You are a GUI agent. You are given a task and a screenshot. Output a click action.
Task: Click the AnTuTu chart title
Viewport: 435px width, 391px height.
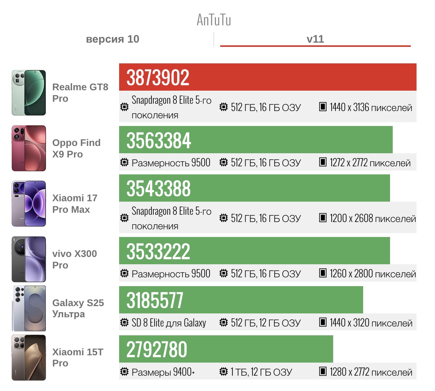pos(214,20)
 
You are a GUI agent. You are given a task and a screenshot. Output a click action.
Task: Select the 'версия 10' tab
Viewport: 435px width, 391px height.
pos(113,39)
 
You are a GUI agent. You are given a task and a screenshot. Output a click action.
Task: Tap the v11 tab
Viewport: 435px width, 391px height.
pos(315,39)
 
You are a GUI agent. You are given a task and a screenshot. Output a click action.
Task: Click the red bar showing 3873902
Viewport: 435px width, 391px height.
pos(267,77)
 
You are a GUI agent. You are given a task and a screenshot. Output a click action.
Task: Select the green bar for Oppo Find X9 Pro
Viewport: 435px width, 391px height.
pos(256,140)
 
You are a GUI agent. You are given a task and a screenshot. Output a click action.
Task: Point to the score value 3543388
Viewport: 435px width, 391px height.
pos(158,189)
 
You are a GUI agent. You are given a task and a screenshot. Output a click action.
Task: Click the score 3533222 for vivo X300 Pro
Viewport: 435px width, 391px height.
pos(158,251)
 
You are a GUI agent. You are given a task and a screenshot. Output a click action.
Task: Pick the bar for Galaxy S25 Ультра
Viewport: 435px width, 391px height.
pos(241,300)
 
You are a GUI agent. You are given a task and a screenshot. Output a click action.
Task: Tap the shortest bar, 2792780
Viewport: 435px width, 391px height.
pos(226,349)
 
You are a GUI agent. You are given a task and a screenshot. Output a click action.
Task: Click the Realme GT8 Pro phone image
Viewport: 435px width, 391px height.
pos(29,93)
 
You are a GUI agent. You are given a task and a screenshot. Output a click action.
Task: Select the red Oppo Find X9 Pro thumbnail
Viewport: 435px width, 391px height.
pos(29,148)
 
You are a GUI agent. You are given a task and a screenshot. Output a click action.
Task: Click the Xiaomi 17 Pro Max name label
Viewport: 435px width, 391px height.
pos(75,204)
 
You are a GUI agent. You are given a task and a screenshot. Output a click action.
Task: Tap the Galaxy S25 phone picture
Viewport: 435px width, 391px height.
pos(29,308)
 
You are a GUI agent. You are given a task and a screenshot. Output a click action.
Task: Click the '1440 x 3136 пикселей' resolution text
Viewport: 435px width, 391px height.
pos(371,108)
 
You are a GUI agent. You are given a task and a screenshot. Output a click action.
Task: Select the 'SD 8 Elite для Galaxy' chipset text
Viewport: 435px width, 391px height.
pos(169,323)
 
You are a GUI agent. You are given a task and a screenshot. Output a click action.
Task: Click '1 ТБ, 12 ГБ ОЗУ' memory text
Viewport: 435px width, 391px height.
pos(261,372)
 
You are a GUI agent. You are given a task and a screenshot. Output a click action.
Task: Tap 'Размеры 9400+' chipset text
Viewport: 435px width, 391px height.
pos(163,372)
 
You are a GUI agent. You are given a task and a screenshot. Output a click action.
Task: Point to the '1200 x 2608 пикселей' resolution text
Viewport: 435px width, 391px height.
pos(373,219)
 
